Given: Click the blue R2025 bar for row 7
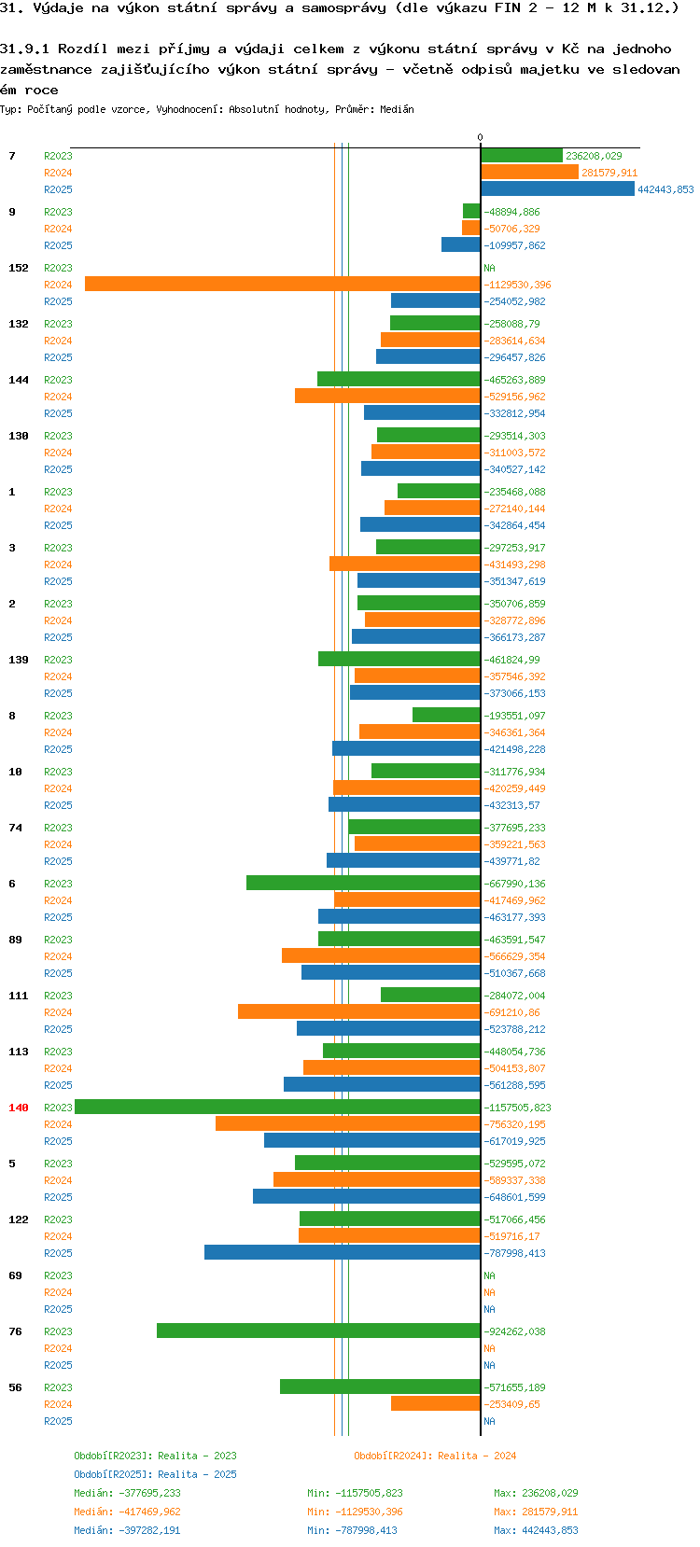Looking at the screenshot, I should [557, 189].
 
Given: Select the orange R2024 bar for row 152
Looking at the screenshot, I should [282, 285].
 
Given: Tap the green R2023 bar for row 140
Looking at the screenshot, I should [277, 1108].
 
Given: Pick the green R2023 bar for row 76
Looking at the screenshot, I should [318, 1331].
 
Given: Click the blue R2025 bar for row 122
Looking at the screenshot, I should [342, 1253].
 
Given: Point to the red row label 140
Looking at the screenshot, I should [19, 1108].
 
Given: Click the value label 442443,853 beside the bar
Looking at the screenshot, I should [665, 189].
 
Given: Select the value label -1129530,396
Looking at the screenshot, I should [517, 285].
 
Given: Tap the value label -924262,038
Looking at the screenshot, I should [514, 1331].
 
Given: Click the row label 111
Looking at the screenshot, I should [19, 996].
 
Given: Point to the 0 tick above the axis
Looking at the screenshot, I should [481, 138].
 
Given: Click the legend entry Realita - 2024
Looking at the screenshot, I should [435, 1456].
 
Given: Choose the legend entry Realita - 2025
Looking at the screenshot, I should [155, 1474].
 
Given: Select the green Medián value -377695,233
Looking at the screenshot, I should [127, 1493].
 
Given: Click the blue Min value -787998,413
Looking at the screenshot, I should [355, 1530].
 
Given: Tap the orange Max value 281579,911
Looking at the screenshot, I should [536, 1512].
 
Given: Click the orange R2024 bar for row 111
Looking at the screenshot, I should [358, 1012].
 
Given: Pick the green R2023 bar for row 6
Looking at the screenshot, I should [363, 884].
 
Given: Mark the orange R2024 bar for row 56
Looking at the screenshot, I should [435, 1404].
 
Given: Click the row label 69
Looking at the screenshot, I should [16, 1275].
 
